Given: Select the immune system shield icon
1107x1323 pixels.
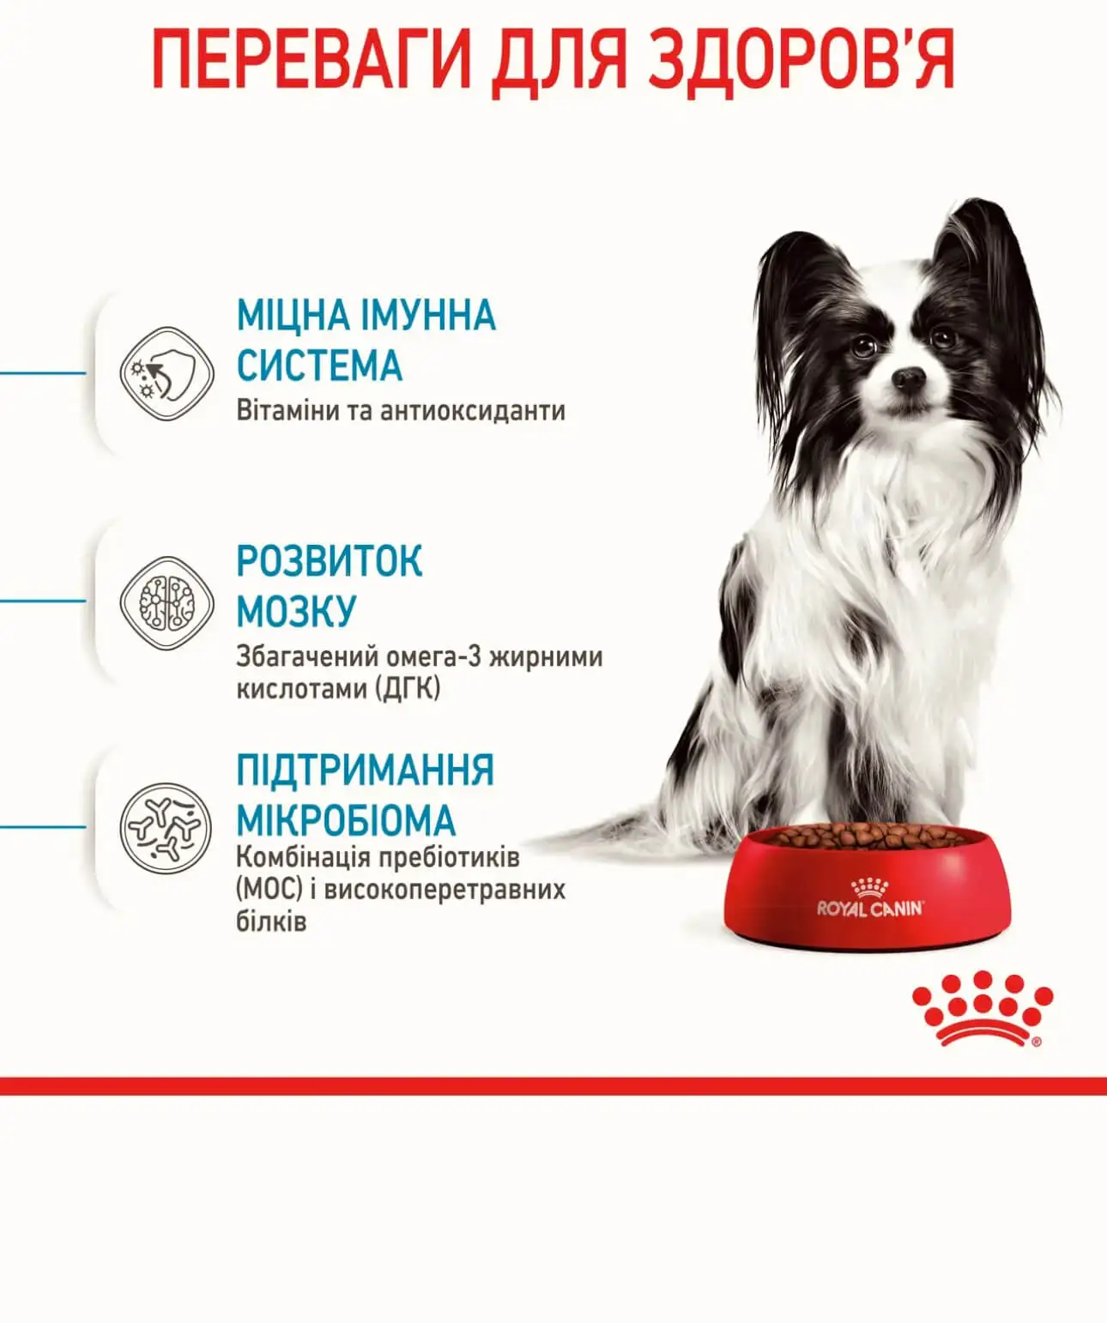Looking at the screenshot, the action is [x=166, y=374].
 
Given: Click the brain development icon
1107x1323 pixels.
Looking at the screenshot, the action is [x=166, y=602].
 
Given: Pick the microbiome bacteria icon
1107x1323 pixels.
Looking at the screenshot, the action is [x=166, y=827].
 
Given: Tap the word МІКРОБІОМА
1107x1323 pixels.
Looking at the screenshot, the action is [x=346, y=820].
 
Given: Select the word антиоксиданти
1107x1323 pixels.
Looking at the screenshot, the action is [x=473, y=411].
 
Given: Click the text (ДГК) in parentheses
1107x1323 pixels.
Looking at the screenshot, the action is [x=408, y=689].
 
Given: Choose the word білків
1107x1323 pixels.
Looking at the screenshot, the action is [x=271, y=922].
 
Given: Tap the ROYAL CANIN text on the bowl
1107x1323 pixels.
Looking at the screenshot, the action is [x=870, y=909].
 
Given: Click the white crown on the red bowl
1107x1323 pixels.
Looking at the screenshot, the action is [x=868, y=887].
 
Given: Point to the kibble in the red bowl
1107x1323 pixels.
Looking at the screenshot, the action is [x=869, y=836].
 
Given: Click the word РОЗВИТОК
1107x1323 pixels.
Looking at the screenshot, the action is [x=330, y=561].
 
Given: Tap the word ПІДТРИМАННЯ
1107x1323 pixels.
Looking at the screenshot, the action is [x=366, y=770].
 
